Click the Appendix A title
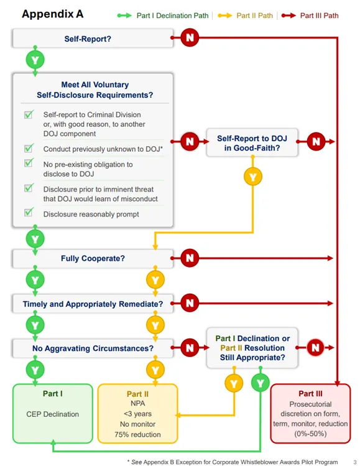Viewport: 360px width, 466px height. coord(53,14)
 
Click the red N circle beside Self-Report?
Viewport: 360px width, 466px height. coord(190,39)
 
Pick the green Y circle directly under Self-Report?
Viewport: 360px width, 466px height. coord(35,61)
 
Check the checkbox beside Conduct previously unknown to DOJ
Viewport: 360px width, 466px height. coord(29,149)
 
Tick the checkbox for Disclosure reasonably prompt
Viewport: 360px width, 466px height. coord(29,213)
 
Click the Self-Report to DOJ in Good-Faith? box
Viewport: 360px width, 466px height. coord(252,142)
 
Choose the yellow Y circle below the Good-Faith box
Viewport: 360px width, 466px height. coord(252,177)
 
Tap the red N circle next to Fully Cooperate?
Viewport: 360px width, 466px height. coord(190,257)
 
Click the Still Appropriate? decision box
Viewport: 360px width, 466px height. coord(252,348)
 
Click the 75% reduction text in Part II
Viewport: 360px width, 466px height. coord(138,434)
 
